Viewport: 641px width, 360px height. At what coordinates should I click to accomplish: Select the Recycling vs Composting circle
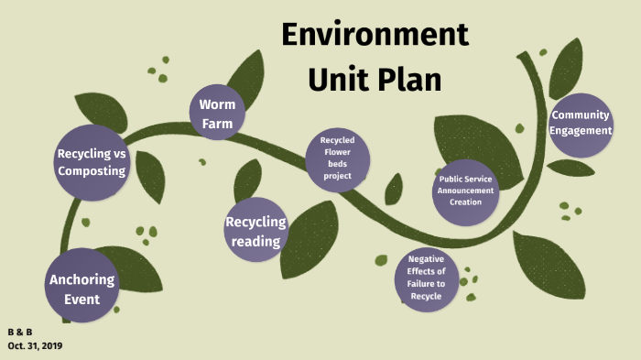click(92, 162)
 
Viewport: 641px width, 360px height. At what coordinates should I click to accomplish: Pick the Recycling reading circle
click(255, 231)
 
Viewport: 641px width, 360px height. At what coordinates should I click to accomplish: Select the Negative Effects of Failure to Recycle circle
click(426, 278)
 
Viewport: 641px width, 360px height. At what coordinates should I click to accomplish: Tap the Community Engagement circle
click(581, 125)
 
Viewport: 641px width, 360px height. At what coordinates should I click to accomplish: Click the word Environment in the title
click(375, 35)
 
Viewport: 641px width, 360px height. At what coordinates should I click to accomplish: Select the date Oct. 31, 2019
click(35, 345)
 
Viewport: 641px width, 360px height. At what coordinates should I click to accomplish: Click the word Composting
click(92, 171)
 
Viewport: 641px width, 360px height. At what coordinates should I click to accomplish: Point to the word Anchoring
click(82, 278)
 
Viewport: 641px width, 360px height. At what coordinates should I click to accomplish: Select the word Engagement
click(581, 131)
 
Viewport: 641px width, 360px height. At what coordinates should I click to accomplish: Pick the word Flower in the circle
click(337, 152)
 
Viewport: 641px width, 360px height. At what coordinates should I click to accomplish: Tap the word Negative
click(426, 259)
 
